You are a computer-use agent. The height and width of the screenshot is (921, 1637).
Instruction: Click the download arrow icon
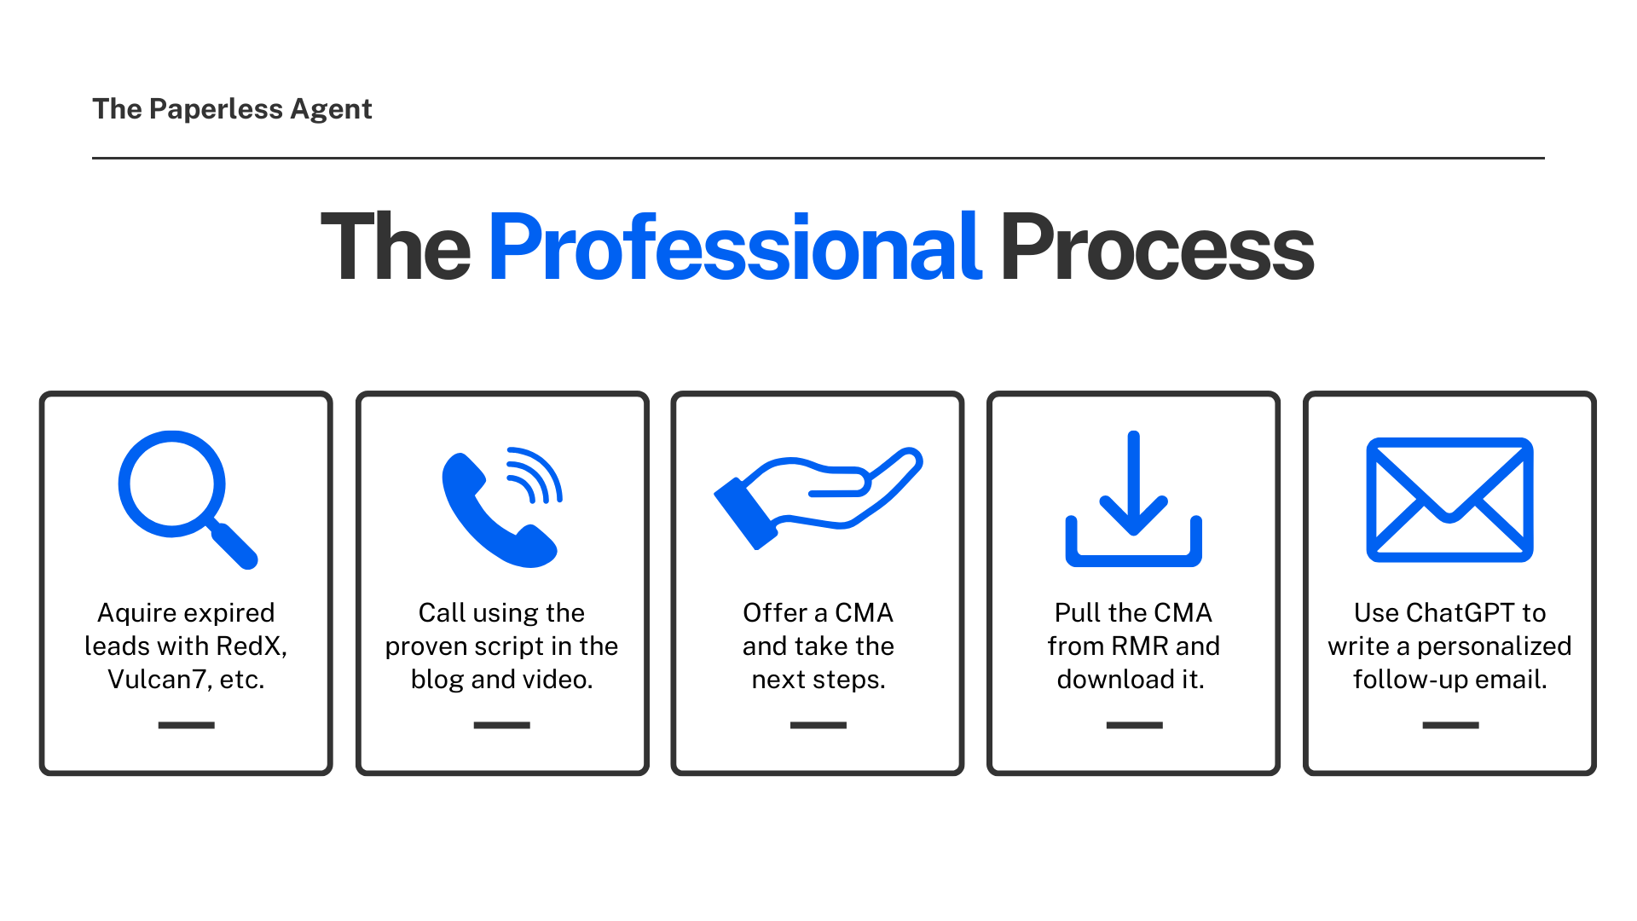click(x=1133, y=498)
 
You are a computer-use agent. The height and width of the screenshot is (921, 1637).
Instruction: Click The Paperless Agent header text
click(x=232, y=109)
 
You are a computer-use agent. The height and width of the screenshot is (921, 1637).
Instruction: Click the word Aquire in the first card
click(x=137, y=613)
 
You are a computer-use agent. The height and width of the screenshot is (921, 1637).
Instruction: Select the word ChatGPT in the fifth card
click(x=1460, y=612)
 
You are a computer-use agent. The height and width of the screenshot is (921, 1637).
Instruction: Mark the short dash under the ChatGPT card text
click(x=1450, y=725)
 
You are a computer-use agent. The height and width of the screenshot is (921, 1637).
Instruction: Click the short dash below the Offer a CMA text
click(x=818, y=725)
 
